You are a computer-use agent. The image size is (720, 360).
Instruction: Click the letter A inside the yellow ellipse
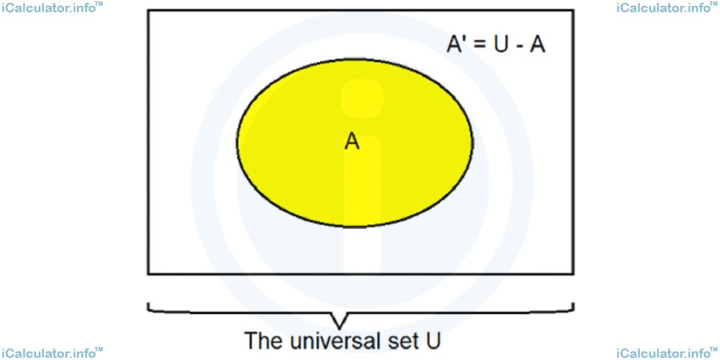tap(352, 142)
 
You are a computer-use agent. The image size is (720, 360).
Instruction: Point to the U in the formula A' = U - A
tap(502, 45)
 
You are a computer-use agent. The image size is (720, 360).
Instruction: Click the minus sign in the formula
tap(520, 48)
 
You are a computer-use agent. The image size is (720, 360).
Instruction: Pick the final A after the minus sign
tap(538, 45)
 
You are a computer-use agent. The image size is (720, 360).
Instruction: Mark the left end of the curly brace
tap(148, 304)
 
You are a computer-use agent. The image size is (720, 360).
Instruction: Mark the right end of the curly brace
tap(574, 304)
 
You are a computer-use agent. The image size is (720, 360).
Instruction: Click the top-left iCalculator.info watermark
tap(51, 8)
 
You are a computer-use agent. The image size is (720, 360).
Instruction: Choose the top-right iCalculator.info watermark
tap(668, 8)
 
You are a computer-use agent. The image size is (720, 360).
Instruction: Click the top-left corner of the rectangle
tap(148, 10)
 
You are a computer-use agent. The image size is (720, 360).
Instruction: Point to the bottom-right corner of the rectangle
tap(573, 274)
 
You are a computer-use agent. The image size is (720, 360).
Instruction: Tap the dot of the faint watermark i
tap(362, 98)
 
